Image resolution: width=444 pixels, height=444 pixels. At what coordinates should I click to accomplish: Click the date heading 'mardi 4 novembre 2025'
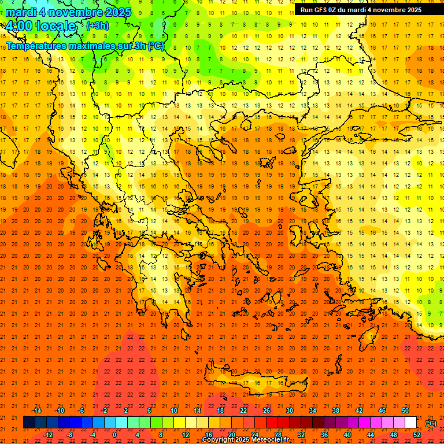(x=69, y=12)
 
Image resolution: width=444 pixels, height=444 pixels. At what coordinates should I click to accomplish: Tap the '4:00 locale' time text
(x=41, y=26)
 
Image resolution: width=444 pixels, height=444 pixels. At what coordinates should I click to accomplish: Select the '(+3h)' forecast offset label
(x=97, y=26)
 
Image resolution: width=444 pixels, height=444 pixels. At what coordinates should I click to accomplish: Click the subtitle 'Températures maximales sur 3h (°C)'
(x=85, y=46)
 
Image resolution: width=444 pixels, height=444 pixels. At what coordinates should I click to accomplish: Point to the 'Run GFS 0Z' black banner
(x=361, y=10)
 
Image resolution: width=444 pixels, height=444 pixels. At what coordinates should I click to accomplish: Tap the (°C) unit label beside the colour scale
(x=431, y=423)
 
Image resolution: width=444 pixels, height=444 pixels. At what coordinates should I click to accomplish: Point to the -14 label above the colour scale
(x=36, y=410)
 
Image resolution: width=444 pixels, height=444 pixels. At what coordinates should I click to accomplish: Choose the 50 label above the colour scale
(x=405, y=410)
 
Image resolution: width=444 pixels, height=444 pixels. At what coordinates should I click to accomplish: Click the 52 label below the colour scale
(x=417, y=435)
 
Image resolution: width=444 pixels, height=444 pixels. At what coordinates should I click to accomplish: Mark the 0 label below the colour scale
(x=115, y=435)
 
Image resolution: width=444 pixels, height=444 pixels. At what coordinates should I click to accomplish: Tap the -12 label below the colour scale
(x=48, y=435)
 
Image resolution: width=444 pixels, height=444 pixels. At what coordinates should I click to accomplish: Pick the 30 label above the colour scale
(x=290, y=410)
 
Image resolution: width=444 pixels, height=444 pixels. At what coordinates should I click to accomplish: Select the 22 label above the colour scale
(x=243, y=410)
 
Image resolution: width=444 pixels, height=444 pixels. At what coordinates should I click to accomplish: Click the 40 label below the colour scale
(x=347, y=435)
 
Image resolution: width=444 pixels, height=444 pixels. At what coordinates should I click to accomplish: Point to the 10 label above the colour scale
(x=174, y=410)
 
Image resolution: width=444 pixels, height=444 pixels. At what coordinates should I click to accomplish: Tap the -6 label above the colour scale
(x=82, y=410)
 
